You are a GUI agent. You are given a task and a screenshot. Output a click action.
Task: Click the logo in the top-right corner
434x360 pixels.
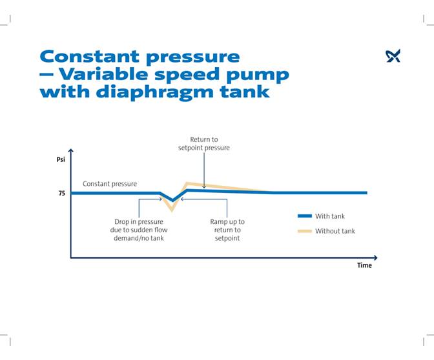pyautogui.click(x=393, y=56)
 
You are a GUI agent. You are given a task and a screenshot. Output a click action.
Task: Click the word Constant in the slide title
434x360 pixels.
pyautogui.click(x=93, y=57)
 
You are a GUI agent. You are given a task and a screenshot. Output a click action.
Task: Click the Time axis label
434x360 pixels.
pyautogui.click(x=364, y=265)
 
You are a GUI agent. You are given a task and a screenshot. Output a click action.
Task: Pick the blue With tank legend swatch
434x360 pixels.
pyautogui.click(x=304, y=216)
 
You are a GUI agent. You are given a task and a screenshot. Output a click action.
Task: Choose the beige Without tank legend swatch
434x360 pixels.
pyautogui.click(x=304, y=231)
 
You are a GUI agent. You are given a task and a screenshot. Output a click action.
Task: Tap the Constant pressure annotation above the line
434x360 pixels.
pyautogui.click(x=110, y=184)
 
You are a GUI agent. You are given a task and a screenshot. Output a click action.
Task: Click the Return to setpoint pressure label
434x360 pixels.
pyautogui.click(x=203, y=143)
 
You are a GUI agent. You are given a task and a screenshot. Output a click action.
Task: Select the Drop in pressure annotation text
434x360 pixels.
pyautogui.click(x=139, y=230)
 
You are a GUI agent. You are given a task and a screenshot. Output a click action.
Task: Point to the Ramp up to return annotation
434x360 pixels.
pyautogui.click(x=227, y=230)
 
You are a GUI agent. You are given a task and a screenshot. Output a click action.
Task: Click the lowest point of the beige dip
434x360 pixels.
pyautogui.click(x=172, y=210)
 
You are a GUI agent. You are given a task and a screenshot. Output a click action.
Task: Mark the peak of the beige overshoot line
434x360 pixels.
pyautogui.click(x=187, y=183)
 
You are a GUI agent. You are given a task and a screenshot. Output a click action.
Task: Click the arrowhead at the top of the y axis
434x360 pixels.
pyautogui.click(x=71, y=151)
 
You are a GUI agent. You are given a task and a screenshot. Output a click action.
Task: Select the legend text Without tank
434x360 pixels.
pyautogui.click(x=335, y=231)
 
